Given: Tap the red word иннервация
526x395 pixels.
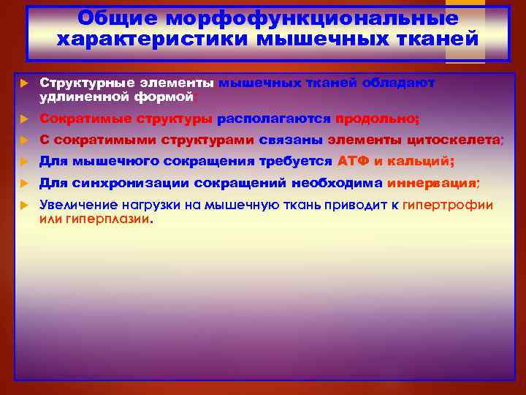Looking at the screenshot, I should coord(431,183).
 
